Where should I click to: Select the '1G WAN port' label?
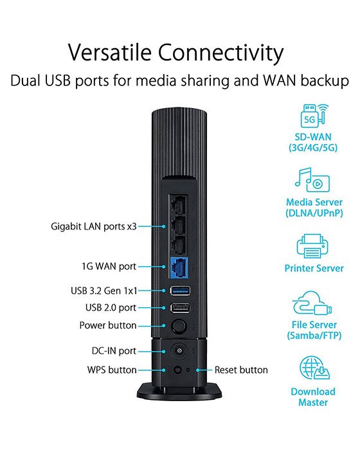109,265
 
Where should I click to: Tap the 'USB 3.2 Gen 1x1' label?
104,291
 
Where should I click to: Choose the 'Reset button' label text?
241,370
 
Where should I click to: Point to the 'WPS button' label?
112,370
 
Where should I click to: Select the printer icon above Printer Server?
313,246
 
